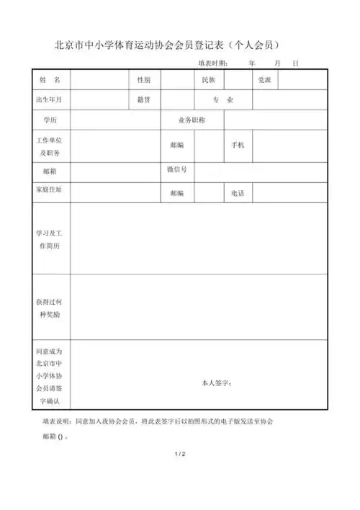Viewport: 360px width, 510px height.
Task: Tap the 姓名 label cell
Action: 50,79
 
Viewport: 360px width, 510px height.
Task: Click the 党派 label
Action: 265,79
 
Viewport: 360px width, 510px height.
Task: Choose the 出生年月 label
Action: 49,99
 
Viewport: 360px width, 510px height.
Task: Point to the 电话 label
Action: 238,193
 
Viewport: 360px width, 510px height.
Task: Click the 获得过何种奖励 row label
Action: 50,308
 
